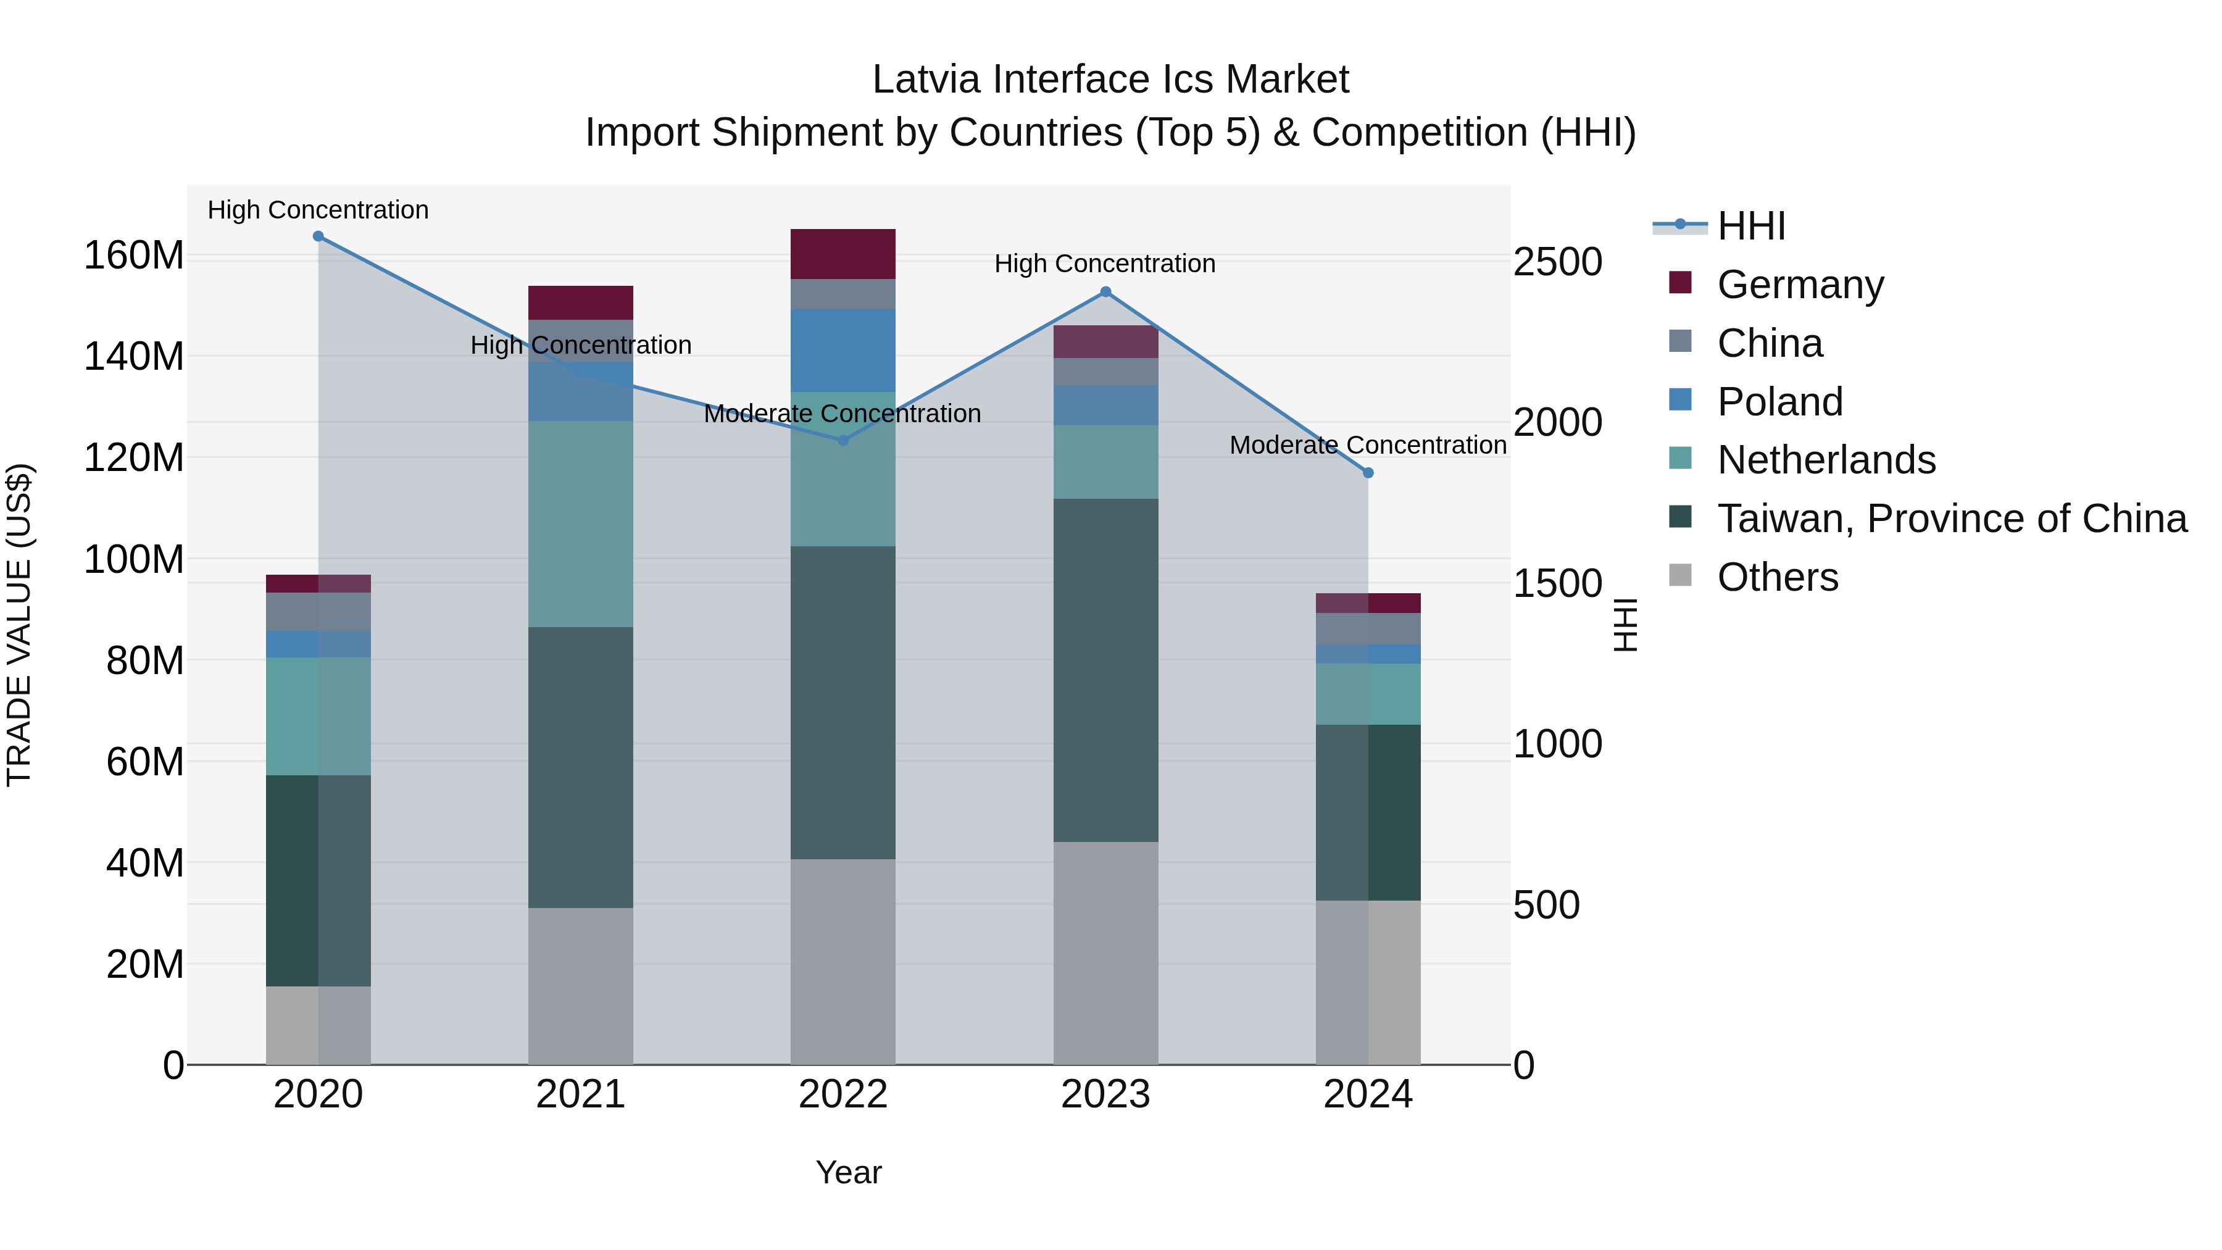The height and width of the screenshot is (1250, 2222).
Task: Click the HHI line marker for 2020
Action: click(318, 236)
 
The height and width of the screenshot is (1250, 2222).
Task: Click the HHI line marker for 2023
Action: click(1106, 293)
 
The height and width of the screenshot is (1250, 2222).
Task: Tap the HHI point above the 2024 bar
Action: click(1368, 473)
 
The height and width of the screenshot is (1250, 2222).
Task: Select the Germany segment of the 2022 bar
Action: click(843, 254)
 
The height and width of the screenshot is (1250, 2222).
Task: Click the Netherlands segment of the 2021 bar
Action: click(581, 523)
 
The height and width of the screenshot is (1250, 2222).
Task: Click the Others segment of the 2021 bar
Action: click(581, 985)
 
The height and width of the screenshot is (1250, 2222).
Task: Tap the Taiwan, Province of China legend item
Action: click(1951, 519)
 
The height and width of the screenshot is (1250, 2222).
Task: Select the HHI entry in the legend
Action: click(1750, 226)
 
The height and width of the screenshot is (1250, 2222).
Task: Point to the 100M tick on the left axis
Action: click(134, 560)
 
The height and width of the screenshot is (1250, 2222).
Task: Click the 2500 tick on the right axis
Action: click(1557, 262)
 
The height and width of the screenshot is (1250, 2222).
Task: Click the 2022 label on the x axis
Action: click(843, 1094)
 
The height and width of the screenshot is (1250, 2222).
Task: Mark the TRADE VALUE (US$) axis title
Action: click(19, 625)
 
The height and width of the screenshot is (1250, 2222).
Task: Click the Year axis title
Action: click(848, 1172)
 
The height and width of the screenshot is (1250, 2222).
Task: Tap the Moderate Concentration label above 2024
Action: click(1367, 445)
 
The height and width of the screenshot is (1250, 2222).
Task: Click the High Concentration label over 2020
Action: click(318, 210)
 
